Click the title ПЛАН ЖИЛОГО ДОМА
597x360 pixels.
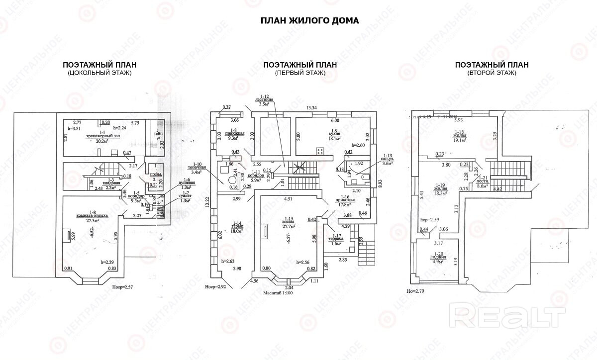click(x=309, y=20)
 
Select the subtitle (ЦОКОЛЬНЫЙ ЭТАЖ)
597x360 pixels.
click(x=99, y=73)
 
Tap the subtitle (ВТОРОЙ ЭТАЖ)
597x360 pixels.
click(x=492, y=73)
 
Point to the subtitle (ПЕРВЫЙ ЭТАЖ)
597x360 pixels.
click(x=299, y=73)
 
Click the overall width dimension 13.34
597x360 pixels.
click(x=312, y=107)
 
